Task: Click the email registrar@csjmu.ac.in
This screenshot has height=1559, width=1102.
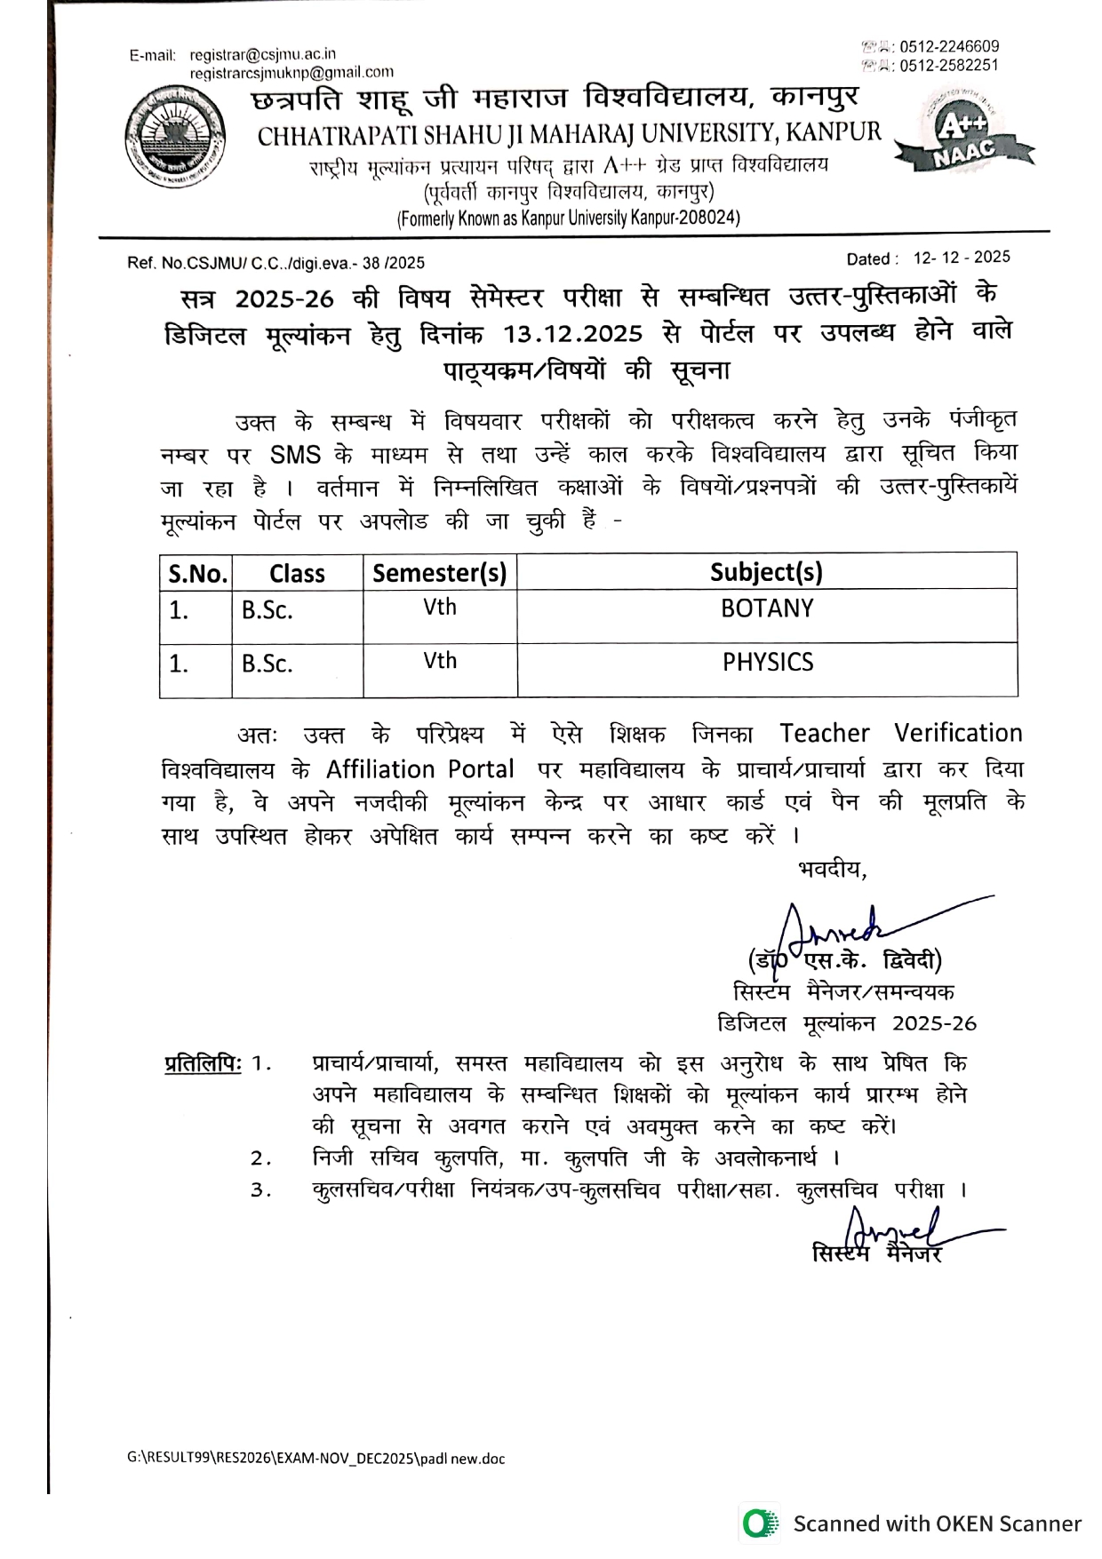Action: pos(263,54)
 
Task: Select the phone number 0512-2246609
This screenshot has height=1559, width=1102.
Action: pos(948,46)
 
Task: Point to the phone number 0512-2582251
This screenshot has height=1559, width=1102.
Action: pos(948,65)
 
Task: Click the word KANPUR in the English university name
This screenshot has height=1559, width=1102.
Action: pos(834,133)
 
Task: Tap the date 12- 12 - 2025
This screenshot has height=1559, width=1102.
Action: pos(962,258)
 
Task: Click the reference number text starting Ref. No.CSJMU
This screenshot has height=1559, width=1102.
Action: pos(276,263)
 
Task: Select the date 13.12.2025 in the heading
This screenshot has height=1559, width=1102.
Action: pos(572,334)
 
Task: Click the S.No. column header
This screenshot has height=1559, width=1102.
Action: pos(197,573)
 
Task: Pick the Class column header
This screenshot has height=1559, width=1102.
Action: pos(297,573)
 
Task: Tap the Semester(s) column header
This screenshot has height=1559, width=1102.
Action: pos(439,573)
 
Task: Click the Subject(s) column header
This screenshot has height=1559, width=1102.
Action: pos(766,572)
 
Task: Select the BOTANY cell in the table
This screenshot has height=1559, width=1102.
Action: pos(767,608)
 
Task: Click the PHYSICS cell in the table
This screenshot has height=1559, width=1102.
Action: pos(768,662)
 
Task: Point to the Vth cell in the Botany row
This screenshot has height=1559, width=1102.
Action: pos(440,608)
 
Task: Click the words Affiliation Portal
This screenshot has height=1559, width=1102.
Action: pos(419,769)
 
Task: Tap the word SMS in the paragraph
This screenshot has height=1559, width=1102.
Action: pos(295,455)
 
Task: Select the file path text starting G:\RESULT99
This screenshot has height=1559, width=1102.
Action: pos(315,1459)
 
